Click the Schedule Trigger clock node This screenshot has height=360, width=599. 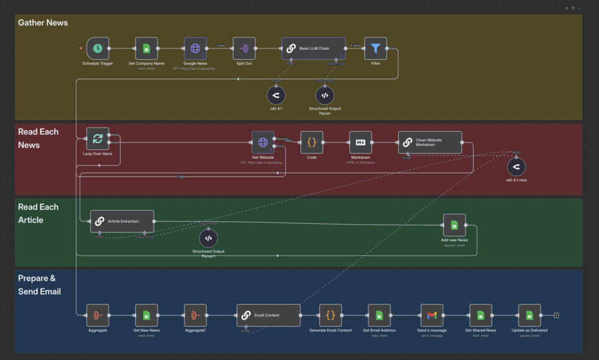pos(98,48)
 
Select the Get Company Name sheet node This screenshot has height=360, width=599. pos(146,48)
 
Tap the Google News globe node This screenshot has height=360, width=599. pos(195,48)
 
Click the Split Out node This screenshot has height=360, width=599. pos(244,48)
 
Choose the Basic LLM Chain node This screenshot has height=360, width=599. pos(314,48)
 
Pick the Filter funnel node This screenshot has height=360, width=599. pos(375,48)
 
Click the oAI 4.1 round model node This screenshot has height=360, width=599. pos(276,96)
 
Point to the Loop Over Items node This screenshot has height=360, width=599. pos(98,139)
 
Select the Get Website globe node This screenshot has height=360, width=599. pos(263,143)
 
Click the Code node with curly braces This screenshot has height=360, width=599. pos(312,143)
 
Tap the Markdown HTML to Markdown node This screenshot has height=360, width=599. pos(361,143)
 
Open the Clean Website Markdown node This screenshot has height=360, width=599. pos(430,143)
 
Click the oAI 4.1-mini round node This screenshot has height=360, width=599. pos(517,167)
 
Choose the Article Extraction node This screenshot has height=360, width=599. pos(122,221)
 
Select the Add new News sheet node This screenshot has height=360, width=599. pos(454,225)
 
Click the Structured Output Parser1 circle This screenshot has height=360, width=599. pos(208,238)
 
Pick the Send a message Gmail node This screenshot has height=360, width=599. pos(432,315)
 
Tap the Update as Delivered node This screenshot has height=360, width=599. pos(529,315)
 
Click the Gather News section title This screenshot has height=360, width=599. pos(43,23)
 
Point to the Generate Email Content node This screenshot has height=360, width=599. pos(330,315)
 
